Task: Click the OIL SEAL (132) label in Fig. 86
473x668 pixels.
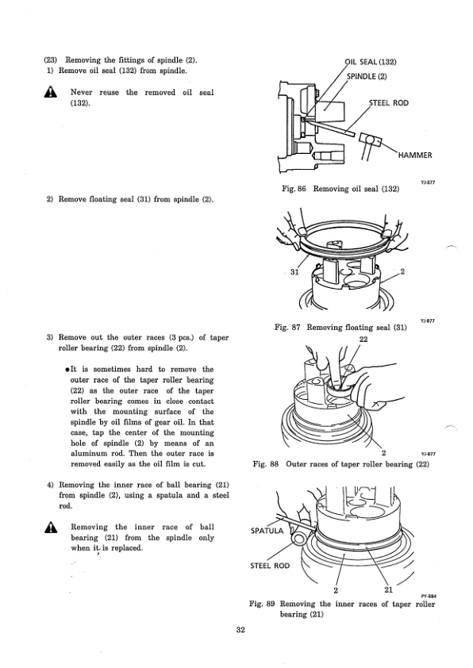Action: pyautogui.click(x=371, y=62)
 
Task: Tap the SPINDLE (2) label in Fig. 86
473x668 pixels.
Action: pyautogui.click(x=367, y=76)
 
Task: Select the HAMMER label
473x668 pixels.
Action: pyautogui.click(x=415, y=155)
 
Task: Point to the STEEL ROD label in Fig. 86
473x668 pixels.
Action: pyautogui.click(x=389, y=102)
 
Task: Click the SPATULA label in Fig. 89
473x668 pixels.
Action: pyautogui.click(x=267, y=531)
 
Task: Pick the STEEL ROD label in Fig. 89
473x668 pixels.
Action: pyautogui.click(x=270, y=566)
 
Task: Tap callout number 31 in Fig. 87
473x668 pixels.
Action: pyautogui.click(x=294, y=272)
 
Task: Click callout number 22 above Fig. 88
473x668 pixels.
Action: pyautogui.click(x=363, y=339)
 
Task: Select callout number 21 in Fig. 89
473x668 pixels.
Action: pyautogui.click(x=388, y=589)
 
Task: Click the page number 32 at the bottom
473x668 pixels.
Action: pyautogui.click(x=240, y=630)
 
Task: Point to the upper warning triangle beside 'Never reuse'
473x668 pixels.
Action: pyautogui.click(x=50, y=92)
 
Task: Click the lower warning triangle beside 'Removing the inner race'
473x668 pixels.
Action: pyautogui.click(x=50, y=527)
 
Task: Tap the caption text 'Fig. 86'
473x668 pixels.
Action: pyautogui.click(x=294, y=188)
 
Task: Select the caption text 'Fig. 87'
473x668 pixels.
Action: pyautogui.click(x=287, y=327)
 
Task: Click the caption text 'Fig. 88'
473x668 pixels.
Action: pyautogui.click(x=266, y=463)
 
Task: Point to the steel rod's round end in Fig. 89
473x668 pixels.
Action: pyautogui.click(x=299, y=538)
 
